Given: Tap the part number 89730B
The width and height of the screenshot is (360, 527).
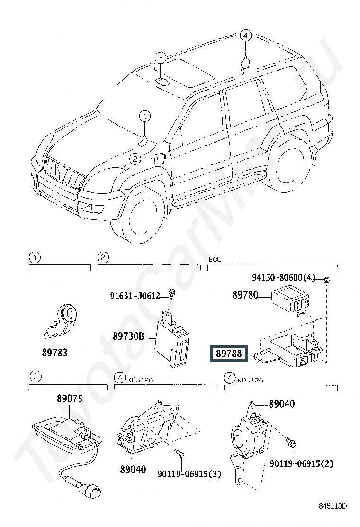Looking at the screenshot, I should coord(128,337).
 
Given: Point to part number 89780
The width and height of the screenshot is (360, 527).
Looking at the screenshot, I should coord(245,295).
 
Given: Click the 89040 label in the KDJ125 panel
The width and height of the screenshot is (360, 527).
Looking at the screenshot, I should coord(281,404).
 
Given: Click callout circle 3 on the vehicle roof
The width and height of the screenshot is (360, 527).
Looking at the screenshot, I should coord(161,58).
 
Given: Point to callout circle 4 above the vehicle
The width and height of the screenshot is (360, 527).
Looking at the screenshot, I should coord(245,36).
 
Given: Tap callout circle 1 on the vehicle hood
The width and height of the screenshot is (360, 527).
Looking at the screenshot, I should coord(144,115).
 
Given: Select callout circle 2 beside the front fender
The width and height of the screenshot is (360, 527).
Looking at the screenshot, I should coord(135,159).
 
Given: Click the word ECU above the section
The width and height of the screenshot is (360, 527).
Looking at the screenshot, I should coord(215,260).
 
